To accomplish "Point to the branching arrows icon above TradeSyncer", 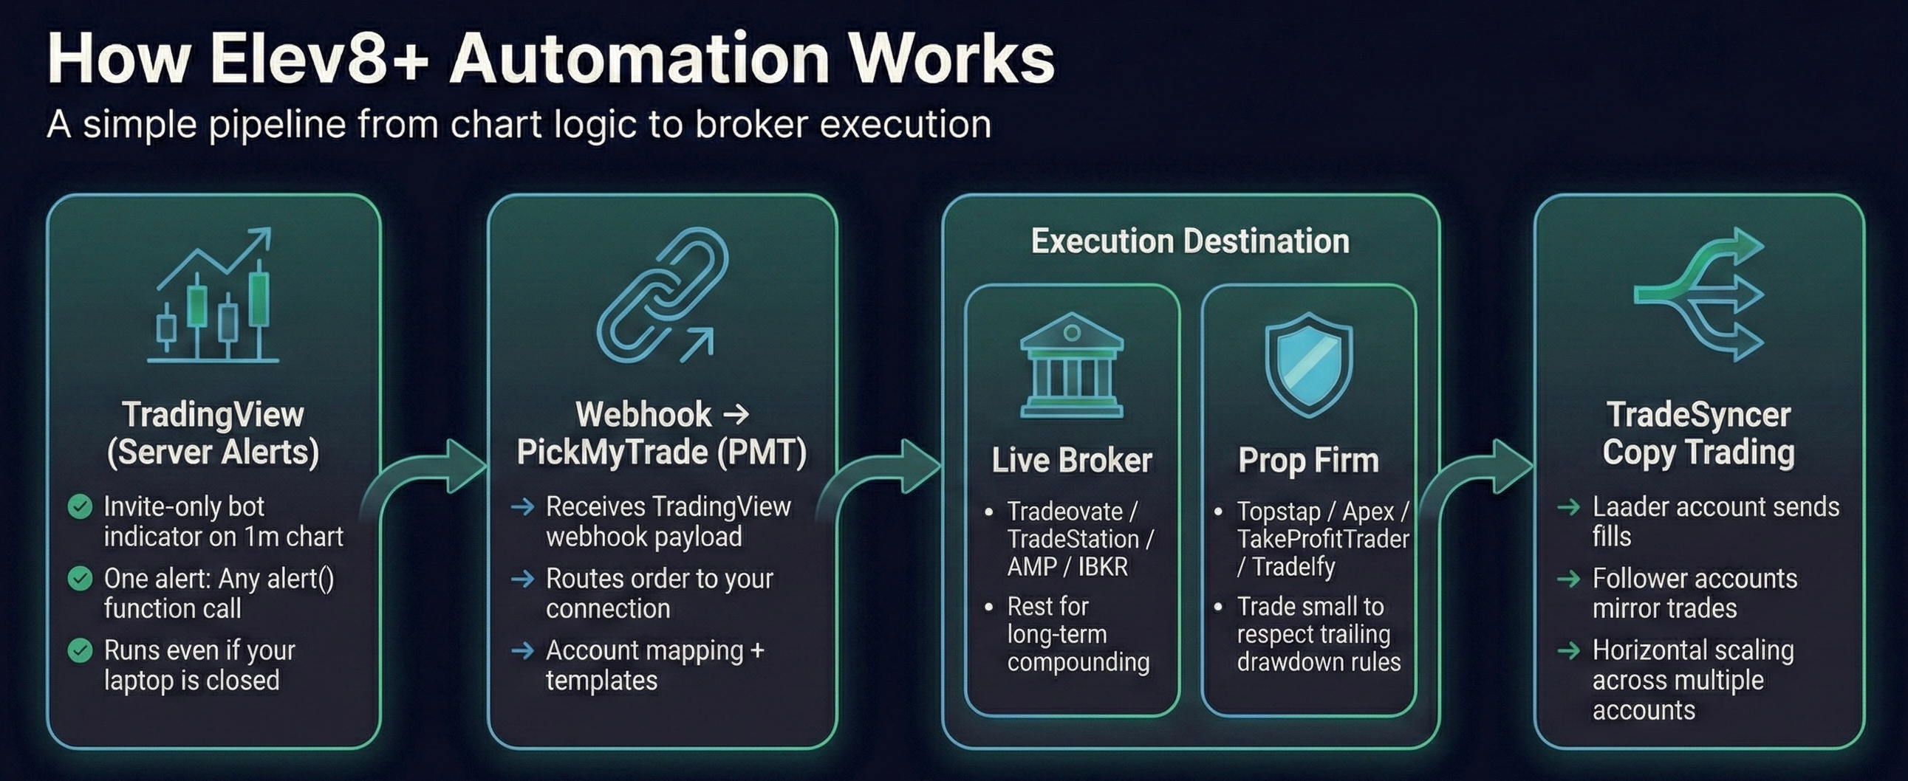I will (1699, 295).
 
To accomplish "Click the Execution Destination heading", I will (1189, 241).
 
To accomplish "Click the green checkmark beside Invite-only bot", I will (80, 507).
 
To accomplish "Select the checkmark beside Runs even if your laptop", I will (80, 650).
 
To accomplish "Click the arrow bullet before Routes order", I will (523, 579).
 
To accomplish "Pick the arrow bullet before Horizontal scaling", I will (1568, 650).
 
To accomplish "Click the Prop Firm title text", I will (1308, 461).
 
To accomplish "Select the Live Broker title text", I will (1071, 461).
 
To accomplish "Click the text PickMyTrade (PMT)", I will (661, 453).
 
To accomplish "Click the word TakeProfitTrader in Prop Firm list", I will (1322, 539).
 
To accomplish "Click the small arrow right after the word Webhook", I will (736, 414).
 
